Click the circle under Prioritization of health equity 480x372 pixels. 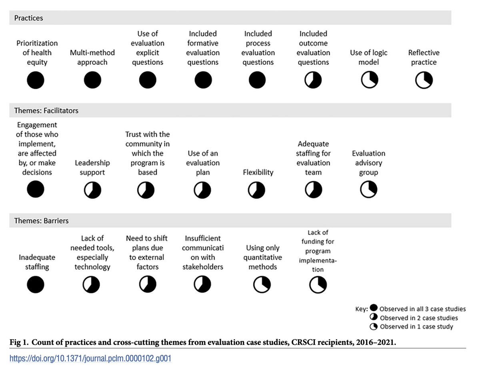[36, 81]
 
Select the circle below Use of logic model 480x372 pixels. [368, 81]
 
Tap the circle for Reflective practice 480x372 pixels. [424, 81]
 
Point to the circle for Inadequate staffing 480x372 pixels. [36, 285]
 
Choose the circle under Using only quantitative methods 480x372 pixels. [262, 285]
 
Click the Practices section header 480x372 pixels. [28, 18]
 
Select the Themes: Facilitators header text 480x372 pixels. [46, 111]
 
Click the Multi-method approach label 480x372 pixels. [92, 58]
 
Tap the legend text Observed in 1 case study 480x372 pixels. [416, 327]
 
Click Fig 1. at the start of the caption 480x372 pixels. [17, 342]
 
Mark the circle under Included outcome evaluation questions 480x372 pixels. [313, 81]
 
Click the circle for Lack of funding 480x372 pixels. [318, 285]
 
